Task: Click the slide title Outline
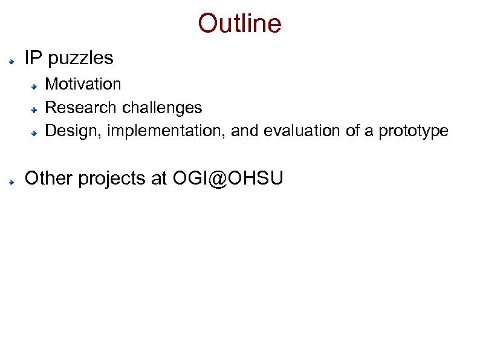coord(239,24)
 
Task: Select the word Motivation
coord(83,83)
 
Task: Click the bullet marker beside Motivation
coord(36,86)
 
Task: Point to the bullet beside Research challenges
coord(36,110)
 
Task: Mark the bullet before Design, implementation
coord(36,133)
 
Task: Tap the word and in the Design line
coord(244,131)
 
